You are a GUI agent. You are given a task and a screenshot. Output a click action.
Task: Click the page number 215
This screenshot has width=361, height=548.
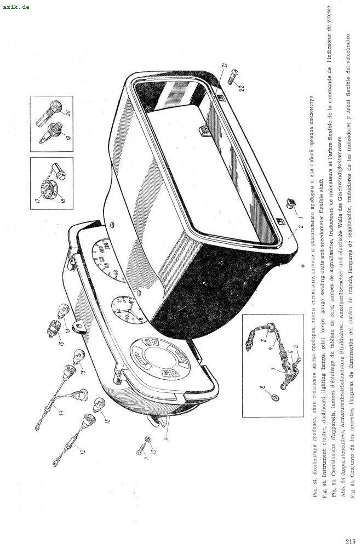pos(351,541)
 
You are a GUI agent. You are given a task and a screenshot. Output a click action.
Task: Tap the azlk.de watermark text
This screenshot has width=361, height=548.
pos(16,6)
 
